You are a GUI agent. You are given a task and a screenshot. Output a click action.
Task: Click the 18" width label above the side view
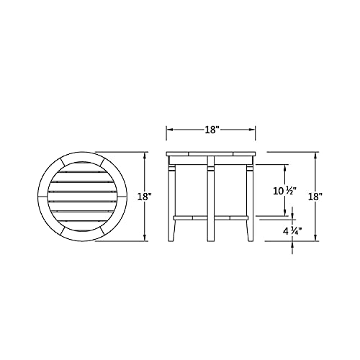[212, 130]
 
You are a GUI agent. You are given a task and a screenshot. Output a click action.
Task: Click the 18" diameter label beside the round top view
[144, 197]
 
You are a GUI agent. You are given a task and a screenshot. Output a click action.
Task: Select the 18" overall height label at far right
[315, 197]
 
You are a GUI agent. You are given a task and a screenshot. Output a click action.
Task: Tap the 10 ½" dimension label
[285, 191]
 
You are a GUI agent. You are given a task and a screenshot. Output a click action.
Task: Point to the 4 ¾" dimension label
[292, 231]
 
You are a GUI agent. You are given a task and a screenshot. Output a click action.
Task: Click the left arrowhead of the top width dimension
[170, 130]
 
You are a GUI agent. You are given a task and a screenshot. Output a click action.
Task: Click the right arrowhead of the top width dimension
[252, 130]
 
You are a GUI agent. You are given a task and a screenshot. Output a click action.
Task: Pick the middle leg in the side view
[211, 199]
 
